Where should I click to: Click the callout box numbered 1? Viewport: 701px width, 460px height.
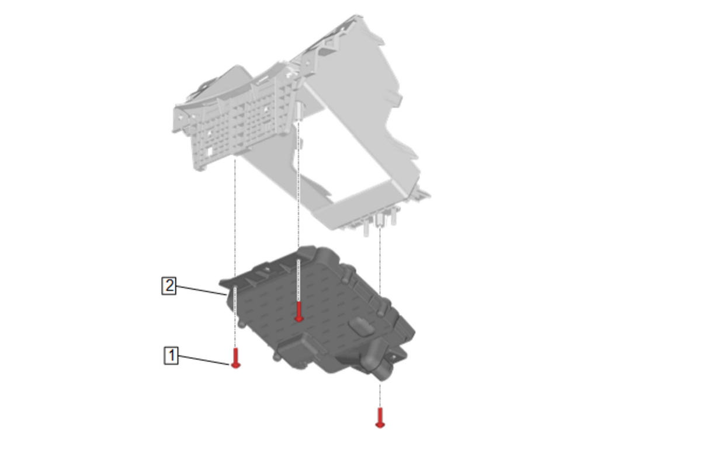pyautogui.click(x=171, y=356)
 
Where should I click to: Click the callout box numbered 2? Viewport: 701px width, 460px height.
pyautogui.click(x=169, y=285)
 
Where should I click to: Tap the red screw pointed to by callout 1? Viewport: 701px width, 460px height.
pyautogui.click(x=235, y=358)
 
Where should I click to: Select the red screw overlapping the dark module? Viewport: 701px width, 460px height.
pyautogui.click(x=299, y=312)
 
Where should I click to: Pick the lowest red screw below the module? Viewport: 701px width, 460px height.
pyautogui.click(x=380, y=418)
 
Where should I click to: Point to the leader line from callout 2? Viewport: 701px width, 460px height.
pyautogui.click(x=201, y=291)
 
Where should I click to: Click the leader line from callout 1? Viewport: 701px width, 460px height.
pyautogui.click(x=204, y=360)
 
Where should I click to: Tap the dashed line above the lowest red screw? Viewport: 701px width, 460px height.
pyautogui.click(x=380, y=396)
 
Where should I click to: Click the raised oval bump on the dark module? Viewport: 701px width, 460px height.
pyautogui.click(x=362, y=327)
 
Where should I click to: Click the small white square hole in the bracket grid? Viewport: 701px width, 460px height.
pyautogui.click(x=210, y=151)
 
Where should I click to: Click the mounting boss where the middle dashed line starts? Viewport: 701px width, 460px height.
pyautogui.click(x=299, y=112)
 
